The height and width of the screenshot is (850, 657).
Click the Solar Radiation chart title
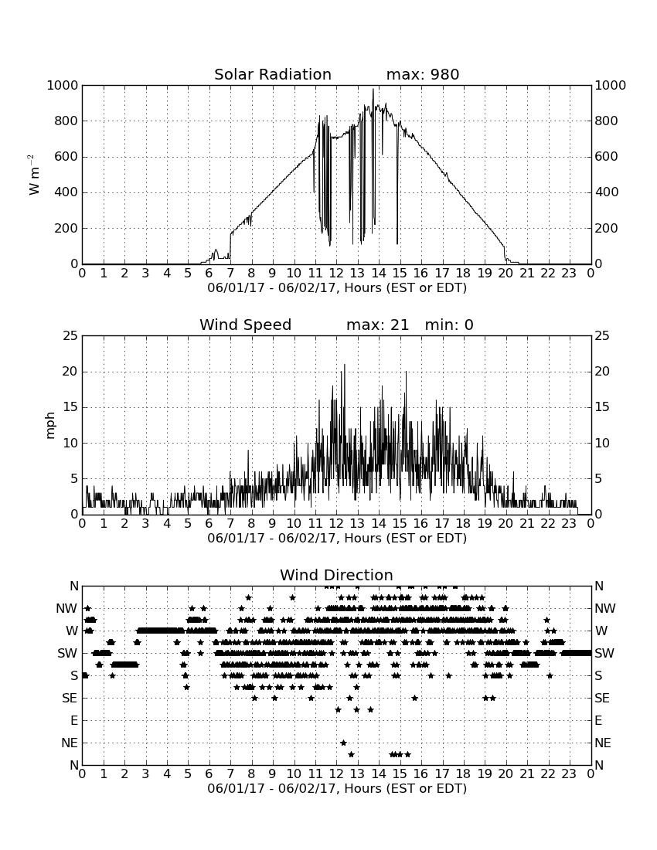(273, 74)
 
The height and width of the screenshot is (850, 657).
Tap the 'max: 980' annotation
(423, 74)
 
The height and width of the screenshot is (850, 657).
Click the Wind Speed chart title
(246, 325)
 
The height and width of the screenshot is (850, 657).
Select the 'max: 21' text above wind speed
(377, 325)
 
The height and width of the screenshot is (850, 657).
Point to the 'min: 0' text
(449, 325)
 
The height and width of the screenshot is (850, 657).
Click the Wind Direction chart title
(336, 575)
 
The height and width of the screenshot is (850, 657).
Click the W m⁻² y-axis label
(33, 175)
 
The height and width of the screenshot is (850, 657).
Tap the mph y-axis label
(50, 425)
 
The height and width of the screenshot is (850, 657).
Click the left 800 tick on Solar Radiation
(66, 121)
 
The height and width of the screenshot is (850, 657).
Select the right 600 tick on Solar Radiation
(607, 157)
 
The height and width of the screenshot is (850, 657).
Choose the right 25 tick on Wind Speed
(602, 336)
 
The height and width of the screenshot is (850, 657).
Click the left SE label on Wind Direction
(70, 699)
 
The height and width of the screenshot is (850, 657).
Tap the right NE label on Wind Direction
(603, 743)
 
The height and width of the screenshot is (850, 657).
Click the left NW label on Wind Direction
(66, 609)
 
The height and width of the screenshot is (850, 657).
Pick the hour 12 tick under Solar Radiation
(336, 274)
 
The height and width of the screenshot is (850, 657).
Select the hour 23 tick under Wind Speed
(569, 524)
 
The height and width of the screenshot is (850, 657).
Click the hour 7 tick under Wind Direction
(230, 774)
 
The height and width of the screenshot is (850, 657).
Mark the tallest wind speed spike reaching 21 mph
(344, 365)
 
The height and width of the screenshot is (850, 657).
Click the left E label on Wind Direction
(73, 720)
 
